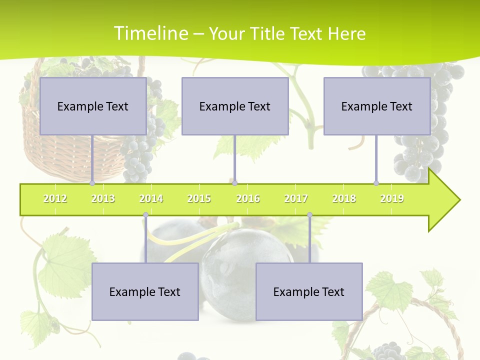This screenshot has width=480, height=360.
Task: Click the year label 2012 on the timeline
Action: pyautogui.click(x=55, y=198)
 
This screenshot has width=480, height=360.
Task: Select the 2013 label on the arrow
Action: pyautogui.click(x=103, y=198)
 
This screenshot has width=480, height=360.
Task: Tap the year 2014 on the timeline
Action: pyautogui.click(x=151, y=198)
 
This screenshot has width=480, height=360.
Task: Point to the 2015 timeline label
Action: pyautogui.click(x=199, y=198)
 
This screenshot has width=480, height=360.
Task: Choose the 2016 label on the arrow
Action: pyautogui.click(x=248, y=198)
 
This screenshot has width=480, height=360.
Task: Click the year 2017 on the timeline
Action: pyautogui.click(x=296, y=198)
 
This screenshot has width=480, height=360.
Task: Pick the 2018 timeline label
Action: pyautogui.click(x=344, y=198)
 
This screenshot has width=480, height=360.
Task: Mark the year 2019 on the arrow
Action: pyautogui.click(x=392, y=198)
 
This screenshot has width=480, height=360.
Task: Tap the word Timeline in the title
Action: pyautogui.click(x=150, y=33)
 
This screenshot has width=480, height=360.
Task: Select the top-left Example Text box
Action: pyautogui.click(x=93, y=106)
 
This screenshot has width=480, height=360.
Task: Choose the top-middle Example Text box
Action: pyautogui.click(x=235, y=106)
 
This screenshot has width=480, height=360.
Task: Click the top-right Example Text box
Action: pyautogui.click(x=377, y=106)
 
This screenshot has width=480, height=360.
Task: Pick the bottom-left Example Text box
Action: pyautogui.click(x=145, y=291)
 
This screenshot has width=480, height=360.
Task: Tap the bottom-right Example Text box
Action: pyautogui.click(x=309, y=291)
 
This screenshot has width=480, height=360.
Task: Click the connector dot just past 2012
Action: pyautogui.click(x=92, y=183)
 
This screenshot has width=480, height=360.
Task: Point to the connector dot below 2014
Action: pyautogui.click(x=145, y=215)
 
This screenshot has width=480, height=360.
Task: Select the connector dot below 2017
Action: pyautogui.click(x=309, y=215)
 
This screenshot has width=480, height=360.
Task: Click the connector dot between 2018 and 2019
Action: pyautogui.click(x=376, y=183)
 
